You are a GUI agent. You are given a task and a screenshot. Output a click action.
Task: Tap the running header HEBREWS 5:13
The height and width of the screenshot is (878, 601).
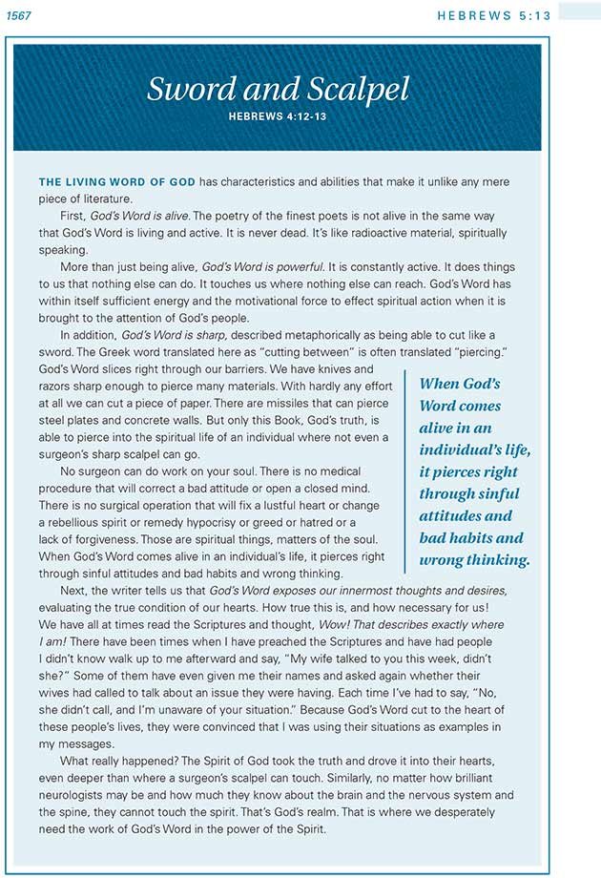492,14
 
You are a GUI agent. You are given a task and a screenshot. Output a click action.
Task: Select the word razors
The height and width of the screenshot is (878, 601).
57,386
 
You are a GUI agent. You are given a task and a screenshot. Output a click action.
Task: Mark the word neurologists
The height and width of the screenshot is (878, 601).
75,795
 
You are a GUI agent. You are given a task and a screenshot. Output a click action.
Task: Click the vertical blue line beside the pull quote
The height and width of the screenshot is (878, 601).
405,471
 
